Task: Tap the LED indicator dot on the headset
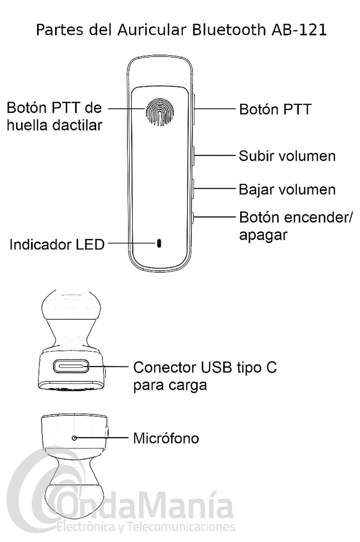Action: click(159, 243)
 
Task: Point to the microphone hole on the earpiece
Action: click(75, 438)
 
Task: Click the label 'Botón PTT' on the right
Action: click(275, 109)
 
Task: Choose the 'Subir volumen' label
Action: click(287, 156)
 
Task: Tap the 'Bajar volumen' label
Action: click(287, 189)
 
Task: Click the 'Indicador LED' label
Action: click(57, 244)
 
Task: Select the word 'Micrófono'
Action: click(166, 438)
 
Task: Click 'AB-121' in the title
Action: click(299, 30)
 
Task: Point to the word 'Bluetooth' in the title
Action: click(229, 30)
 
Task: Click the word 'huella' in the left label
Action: click(28, 125)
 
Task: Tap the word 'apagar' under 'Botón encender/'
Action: click(263, 234)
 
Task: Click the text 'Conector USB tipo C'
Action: click(205, 367)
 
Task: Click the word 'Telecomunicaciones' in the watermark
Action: click(183, 527)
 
